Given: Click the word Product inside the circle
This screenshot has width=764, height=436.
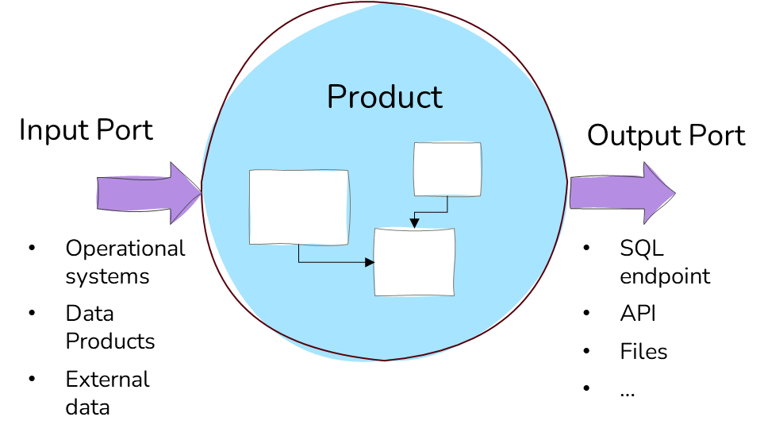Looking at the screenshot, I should [385, 97].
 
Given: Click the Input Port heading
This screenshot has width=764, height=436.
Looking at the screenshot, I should [86, 131].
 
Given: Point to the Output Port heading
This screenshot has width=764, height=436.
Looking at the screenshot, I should [666, 135].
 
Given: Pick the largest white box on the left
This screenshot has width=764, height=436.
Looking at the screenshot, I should [298, 206].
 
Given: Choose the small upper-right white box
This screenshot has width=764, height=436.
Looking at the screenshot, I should [447, 169].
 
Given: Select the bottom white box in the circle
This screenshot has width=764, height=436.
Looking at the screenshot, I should [415, 262].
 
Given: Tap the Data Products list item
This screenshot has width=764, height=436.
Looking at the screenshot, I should [109, 327].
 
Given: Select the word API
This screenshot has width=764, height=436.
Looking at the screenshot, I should [637, 314].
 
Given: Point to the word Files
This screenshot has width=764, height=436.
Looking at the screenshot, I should [643, 351].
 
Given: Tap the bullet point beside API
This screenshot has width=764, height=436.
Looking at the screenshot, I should [586, 313].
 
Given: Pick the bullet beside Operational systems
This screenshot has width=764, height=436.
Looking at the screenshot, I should [32, 249].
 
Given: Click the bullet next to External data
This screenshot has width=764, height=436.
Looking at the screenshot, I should [32, 379].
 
